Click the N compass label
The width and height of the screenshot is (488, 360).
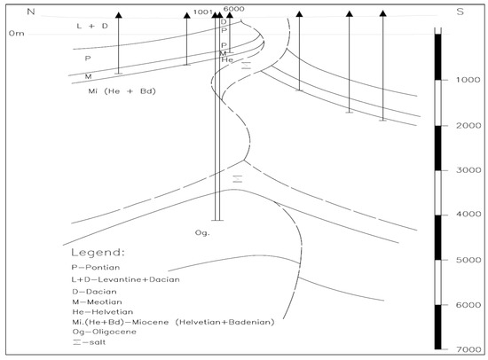[x=31, y=12]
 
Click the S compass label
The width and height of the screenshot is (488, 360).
[x=460, y=12]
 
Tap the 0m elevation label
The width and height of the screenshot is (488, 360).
[x=17, y=34]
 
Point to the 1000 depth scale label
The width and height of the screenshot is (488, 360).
[x=468, y=80]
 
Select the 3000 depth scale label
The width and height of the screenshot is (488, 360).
[x=468, y=170]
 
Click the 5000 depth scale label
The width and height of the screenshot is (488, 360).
[x=468, y=260]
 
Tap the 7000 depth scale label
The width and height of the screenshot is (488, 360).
[x=468, y=349]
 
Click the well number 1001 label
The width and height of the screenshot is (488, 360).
[x=203, y=12]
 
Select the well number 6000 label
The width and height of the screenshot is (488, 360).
[x=233, y=9]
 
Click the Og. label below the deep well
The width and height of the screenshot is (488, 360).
[x=202, y=232]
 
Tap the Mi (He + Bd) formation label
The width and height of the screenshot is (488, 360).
[x=122, y=91]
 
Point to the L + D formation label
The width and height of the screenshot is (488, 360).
[x=92, y=26]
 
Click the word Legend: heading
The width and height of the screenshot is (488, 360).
[x=98, y=252]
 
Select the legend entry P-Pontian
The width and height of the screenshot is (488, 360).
[x=96, y=267]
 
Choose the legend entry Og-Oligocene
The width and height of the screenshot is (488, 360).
[x=105, y=332]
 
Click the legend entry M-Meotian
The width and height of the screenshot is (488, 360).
[x=97, y=301]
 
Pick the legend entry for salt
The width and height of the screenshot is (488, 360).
[x=90, y=342]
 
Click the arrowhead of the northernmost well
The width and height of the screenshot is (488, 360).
[x=119, y=14]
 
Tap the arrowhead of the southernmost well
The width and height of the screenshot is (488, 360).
[x=383, y=13]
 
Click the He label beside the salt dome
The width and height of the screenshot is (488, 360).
[x=227, y=59]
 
